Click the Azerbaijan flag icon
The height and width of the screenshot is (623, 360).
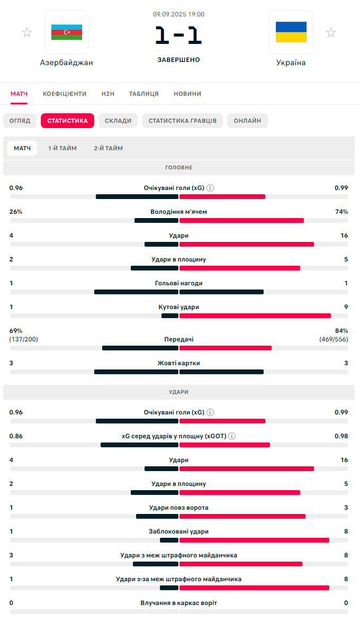67,32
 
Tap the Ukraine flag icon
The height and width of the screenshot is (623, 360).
291,32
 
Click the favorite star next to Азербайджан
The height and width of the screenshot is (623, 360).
27,33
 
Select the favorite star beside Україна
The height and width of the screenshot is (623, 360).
331,33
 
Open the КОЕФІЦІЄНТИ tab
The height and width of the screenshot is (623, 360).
65,94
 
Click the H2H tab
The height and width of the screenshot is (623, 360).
108,94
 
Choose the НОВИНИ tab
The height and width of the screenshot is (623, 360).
187,94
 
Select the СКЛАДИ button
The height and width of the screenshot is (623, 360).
118,121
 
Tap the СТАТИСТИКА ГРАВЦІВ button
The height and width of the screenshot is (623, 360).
182,121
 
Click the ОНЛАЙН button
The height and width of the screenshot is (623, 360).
247,121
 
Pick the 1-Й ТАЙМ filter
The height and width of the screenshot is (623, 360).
62,148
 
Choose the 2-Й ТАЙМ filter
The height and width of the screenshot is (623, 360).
109,148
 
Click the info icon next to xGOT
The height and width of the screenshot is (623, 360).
232,436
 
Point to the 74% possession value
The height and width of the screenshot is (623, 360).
341,212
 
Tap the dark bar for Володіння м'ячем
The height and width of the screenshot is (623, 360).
156,220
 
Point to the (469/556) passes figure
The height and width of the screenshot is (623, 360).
334,339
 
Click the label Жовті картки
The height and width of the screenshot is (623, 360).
179,363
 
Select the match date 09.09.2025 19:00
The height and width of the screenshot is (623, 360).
179,14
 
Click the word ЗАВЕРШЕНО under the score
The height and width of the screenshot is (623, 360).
179,60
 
